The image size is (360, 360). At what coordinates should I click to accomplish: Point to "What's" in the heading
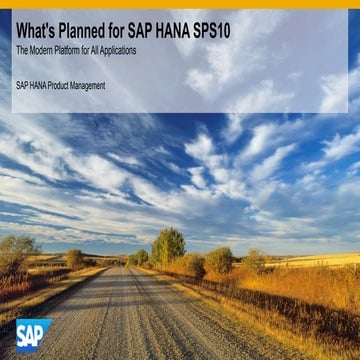pyautogui.click(x=39, y=30)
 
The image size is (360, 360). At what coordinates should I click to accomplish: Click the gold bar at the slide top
pyautogui.click(x=180, y=3)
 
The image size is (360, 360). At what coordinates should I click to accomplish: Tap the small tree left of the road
pyautogui.click(x=75, y=258)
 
